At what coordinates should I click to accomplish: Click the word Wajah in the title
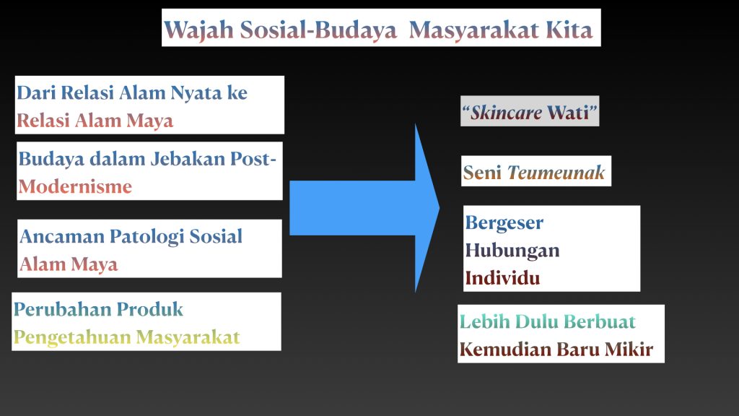[198, 30]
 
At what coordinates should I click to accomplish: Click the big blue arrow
[364, 207]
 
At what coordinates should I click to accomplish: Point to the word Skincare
[507, 112]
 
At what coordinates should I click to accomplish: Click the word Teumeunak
[556, 172]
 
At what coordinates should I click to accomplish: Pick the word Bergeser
[504, 223]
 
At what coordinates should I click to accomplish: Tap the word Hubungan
[512, 251]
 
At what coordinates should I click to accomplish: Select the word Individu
[502, 278]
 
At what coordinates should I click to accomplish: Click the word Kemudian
[506, 350]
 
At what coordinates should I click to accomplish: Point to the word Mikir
[629, 350]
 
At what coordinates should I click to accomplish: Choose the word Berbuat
[600, 321]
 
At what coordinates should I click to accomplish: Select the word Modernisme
[75, 187]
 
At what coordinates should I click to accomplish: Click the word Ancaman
[62, 236]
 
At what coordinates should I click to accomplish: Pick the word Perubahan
[62, 309]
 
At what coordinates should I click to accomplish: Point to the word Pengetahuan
[72, 338]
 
